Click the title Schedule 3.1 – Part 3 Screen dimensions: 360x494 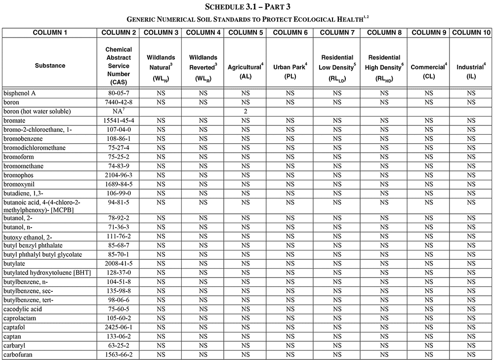click(x=247, y=7)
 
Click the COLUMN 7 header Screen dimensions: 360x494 click(x=337, y=33)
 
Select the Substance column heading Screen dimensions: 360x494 click(x=50, y=66)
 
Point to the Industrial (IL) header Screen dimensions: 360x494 click(x=471, y=70)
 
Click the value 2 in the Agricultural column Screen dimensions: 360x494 click(x=245, y=112)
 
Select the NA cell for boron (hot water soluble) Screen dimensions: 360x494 click(x=119, y=111)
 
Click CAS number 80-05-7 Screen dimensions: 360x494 click(x=119, y=93)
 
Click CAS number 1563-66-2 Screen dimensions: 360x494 click(x=119, y=355)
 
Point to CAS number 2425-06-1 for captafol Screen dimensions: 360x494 click(x=119, y=327)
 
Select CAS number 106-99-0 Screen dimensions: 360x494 click(x=119, y=193)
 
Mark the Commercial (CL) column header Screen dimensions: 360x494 click(x=429, y=70)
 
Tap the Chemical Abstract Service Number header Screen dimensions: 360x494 click(x=119, y=66)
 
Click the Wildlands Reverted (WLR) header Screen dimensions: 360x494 click(x=203, y=66)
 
